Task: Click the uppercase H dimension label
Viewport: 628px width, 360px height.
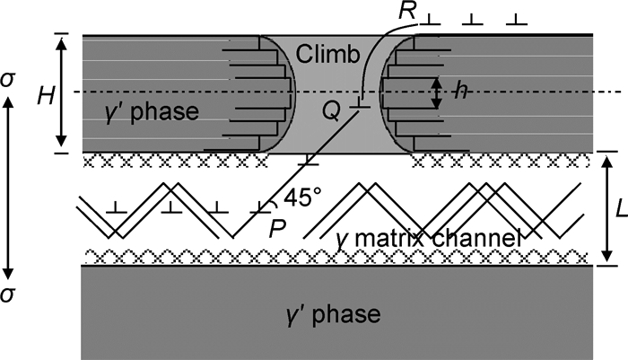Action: pyautogui.click(x=38, y=92)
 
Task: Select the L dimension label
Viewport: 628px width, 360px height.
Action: pyautogui.click(x=618, y=210)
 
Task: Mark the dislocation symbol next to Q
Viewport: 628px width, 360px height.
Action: pyautogui.click(x=360, y=105)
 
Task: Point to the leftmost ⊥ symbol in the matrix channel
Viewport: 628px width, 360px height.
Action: pyautogui.click(x=114, y=207)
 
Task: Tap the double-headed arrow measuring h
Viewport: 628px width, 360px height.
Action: pyautogui.click(x=437, y=92)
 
